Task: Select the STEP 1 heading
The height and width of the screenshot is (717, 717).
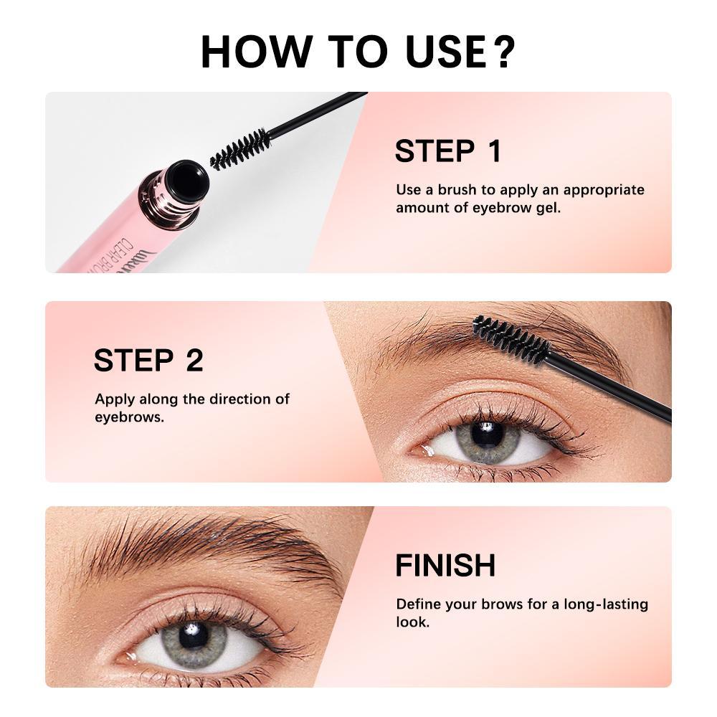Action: pos(448,152)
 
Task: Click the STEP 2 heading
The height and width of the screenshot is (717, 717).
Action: pos(148,361)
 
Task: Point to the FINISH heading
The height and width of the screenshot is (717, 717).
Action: pos(445,566)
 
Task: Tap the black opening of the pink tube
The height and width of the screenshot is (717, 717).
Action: pos(189,180)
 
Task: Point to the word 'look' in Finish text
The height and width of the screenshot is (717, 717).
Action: pos(411,622)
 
